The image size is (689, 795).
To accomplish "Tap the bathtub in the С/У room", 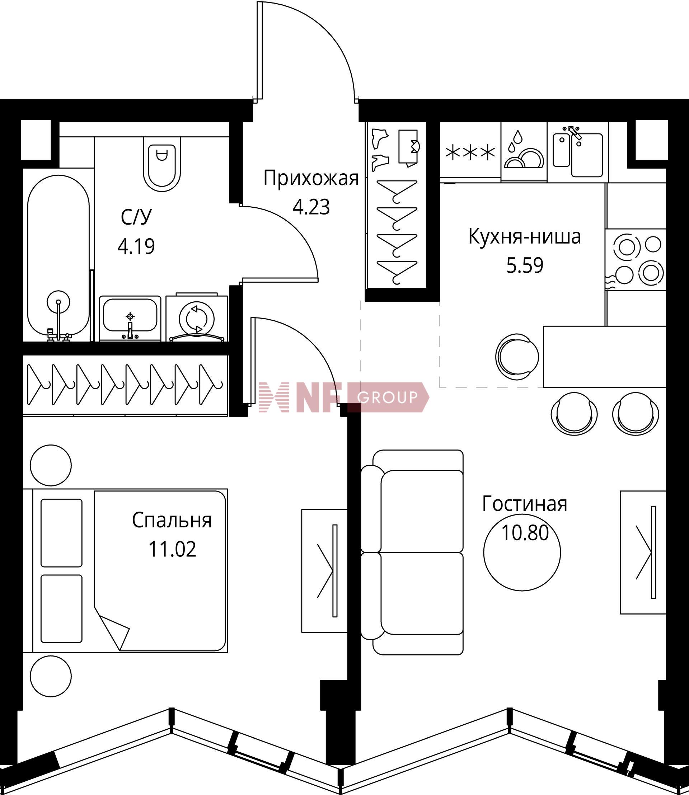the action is (x=58, y=257).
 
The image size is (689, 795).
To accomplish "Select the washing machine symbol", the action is (x=197, y=317).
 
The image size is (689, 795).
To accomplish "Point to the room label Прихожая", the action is (x=311, y=179).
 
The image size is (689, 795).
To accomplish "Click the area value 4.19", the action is (x=136, y=246).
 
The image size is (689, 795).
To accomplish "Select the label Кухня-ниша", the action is (x=524, y=237).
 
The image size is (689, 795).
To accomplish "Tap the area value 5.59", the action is (x=525, y=265).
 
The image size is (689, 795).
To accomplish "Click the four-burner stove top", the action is (x=636, y=259).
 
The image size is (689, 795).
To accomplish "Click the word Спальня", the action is (x=172, y=521).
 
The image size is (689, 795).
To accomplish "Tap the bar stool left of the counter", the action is (x=517, y=356).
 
